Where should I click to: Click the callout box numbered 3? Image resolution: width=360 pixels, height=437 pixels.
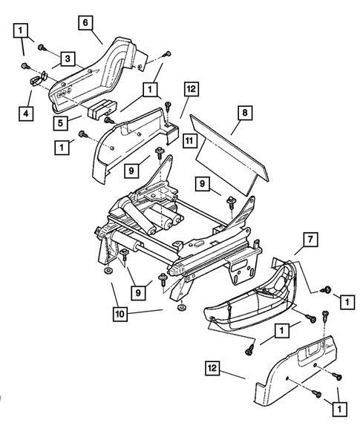(x=67, y=58)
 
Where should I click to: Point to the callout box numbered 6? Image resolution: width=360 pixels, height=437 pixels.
(x=86, y=23)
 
